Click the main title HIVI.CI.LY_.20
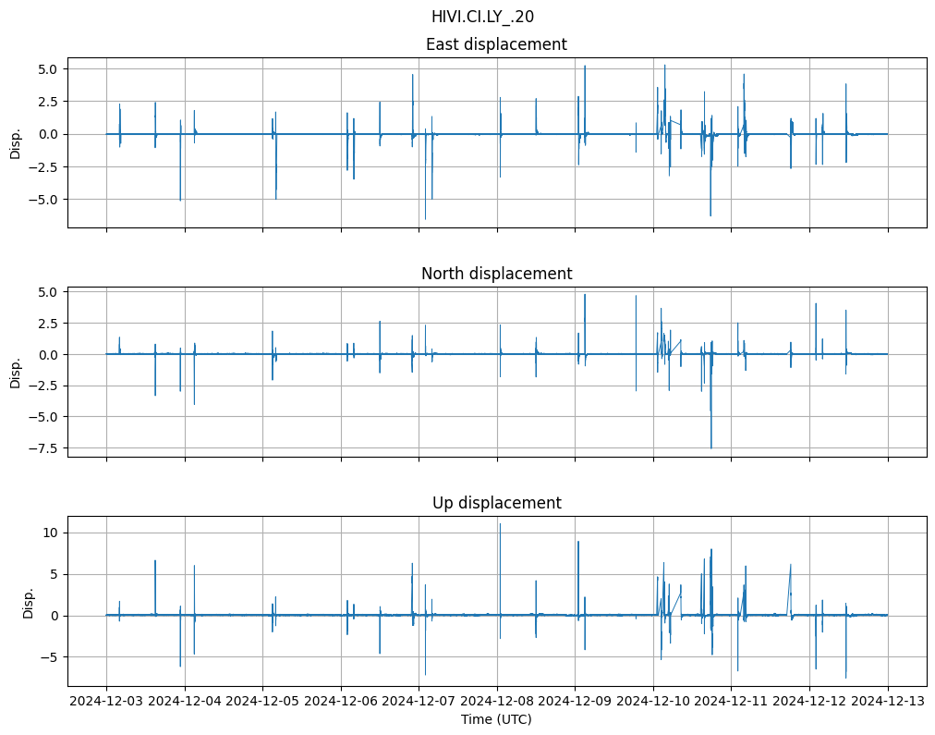(x=482, y=17)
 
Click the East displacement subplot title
(x=496, y=44)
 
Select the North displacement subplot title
(x=496, y=274)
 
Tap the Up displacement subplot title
(x=496, y=503)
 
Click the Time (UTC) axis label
(x=496, y=719)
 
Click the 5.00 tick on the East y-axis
(x=46, y=69)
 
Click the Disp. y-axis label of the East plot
(x=15, y=142)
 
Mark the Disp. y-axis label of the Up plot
(x=29, y=602)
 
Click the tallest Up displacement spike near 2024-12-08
(x=500, y=524)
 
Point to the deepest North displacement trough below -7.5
(x=710, y=447)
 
